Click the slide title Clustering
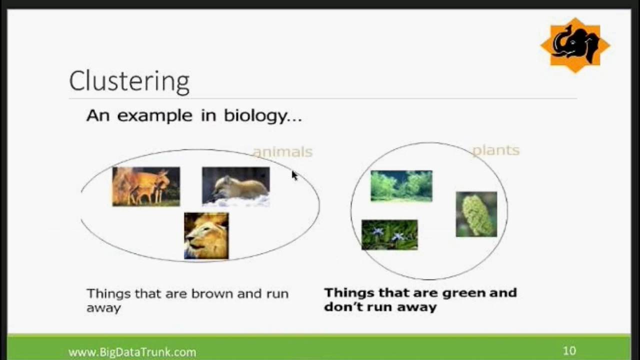click(129, 82)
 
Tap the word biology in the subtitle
click(255, 116)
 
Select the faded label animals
click(283, 152)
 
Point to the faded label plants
click(496, 150)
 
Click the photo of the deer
click(146, 186)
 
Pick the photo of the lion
click(206, 236)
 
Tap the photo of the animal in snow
click(235, 186)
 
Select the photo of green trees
click(401, 186)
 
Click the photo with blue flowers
click(389, 235)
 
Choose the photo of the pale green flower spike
click(476, 214)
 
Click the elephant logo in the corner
click(575, 45)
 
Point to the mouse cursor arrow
click(294, 175)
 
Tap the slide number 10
click(569, 350)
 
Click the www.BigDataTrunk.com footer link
click(132, 352)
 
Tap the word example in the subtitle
click(155, 116)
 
